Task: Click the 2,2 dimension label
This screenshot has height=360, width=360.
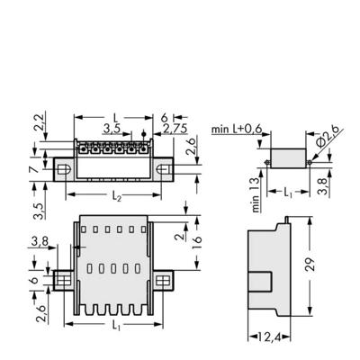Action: pyautogui.click(x=37, y=122)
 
